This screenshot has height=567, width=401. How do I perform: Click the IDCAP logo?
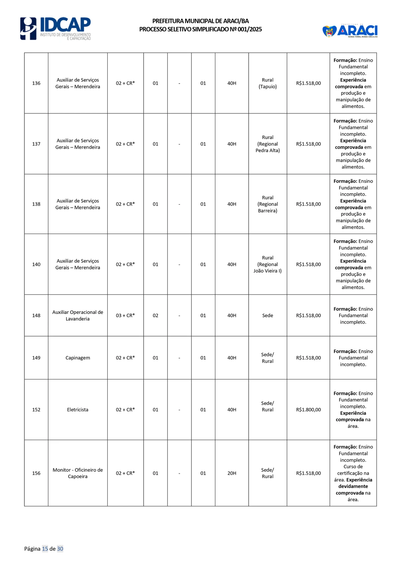click(x=55, y=28)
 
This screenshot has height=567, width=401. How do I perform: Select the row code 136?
click(x=36, y=83)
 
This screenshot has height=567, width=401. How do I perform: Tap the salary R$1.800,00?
click(x=308, y=410)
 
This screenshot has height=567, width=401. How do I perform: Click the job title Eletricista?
click(x=78, y=410)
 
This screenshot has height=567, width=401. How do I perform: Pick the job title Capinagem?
click(x=78, y=358)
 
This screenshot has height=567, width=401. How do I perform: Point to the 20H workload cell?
click(x=232, y=473)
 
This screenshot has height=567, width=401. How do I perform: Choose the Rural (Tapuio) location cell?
click(x=267, y=83)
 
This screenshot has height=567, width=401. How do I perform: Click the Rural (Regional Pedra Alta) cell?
click(x=267, y=144)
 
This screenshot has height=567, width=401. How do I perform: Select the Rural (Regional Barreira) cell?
click(x=267, y=204)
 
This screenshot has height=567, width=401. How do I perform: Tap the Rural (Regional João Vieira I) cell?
click(x=267, y=264)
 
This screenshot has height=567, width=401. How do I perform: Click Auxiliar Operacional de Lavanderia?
click(x=78, y=316)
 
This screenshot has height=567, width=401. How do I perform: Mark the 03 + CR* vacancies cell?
click(x=125, y=316)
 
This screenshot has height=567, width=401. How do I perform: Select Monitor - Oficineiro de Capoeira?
click(x=78, y=473)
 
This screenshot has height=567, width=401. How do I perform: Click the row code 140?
click(x=36, y=264)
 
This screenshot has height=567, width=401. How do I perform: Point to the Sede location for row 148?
click(x=267, y=316)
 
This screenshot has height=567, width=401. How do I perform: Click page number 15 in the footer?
click(x=45, y=549)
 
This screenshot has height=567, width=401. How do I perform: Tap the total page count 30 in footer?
click(x=60, y=549)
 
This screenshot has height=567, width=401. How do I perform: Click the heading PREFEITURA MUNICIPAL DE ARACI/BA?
click(x=200, y=21)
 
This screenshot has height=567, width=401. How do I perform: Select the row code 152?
click(x=36, y=410)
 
